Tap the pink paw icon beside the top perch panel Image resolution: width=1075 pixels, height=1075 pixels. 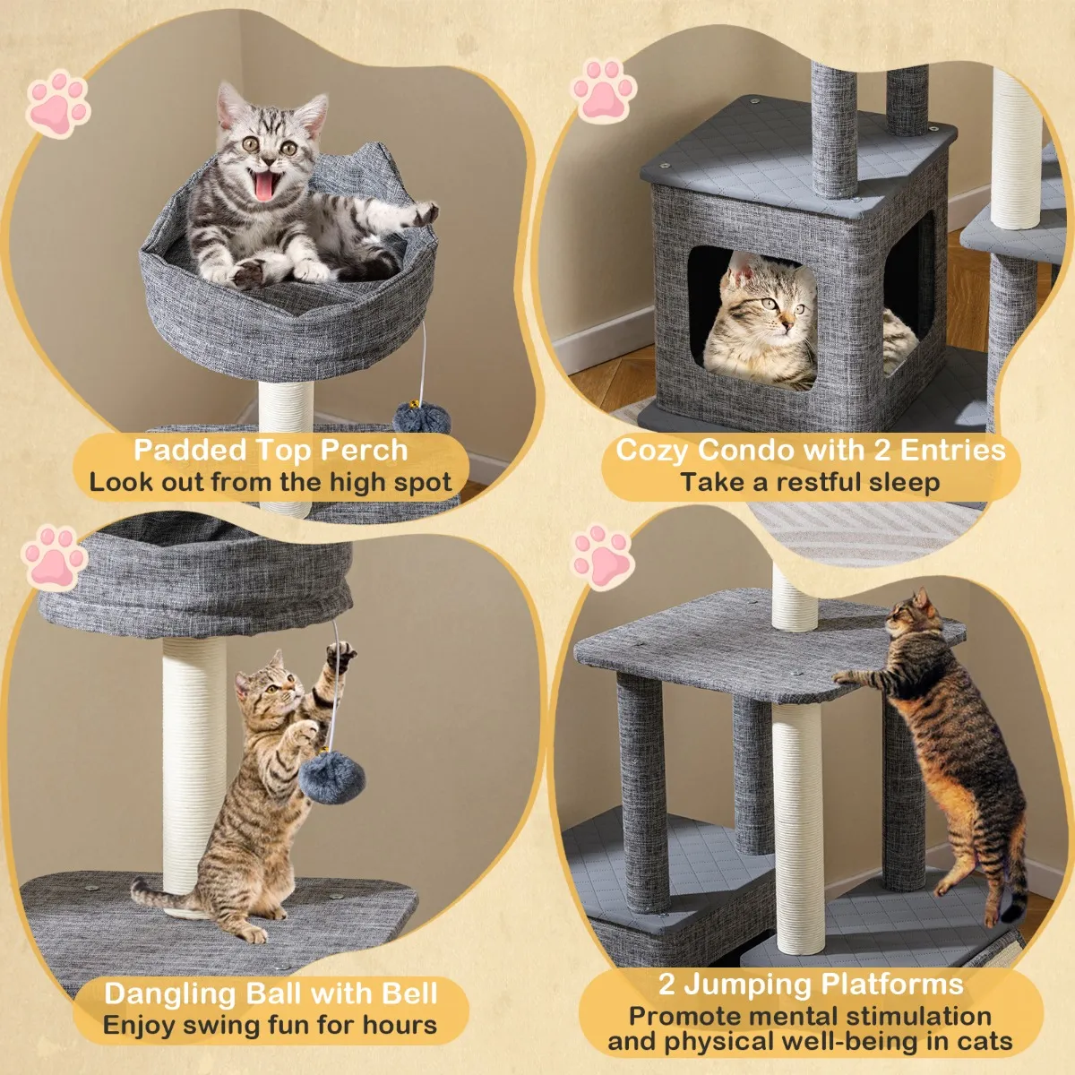(58, 104)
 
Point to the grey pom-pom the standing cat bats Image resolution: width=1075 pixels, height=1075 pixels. (332, 778)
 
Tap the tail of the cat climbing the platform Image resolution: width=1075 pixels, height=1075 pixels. (1017, 886)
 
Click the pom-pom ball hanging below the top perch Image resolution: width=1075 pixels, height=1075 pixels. (422, 417)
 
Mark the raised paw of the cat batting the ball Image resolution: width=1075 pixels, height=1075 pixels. (340, 653)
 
